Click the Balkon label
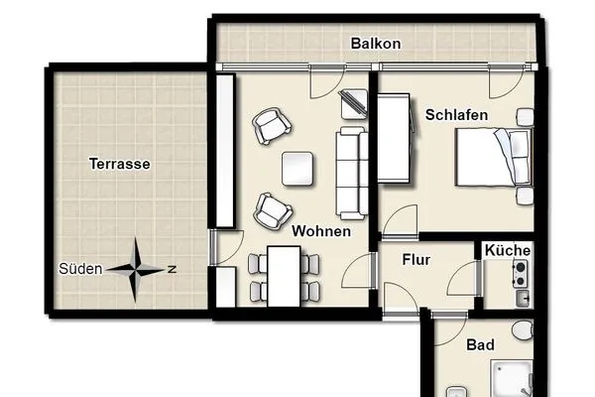click(376, 44)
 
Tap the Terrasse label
click(118, 165)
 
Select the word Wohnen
click(320, 231)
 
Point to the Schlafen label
click(456, 115)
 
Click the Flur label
click(416, 261)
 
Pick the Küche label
click(508, 251)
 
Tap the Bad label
click(480, 344)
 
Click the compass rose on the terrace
click(137, 268)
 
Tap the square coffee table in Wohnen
click(299, 169)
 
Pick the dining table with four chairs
click(284, 276)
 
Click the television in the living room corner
click(353, 101)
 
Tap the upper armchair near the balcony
click(272, 124)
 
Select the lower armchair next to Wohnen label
click(273, 209)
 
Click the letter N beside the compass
click(172, 269)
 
